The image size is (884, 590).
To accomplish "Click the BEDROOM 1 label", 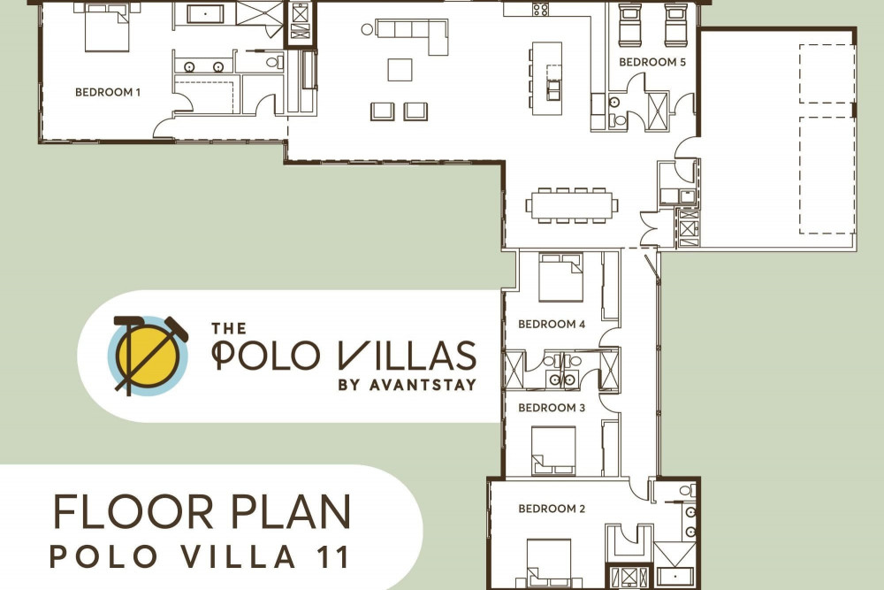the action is [108, 92].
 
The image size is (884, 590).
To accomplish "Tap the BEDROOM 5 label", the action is [652, 62].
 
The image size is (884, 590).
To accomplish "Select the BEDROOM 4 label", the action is [552, 325].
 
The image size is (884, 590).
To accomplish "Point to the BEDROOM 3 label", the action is [552, 408].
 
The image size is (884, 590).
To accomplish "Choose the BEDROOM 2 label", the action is [552, 509].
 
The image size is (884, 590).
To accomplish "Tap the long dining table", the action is [572, 205].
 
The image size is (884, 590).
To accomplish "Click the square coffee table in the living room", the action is [400, 70].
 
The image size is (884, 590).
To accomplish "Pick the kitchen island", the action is [547, 79].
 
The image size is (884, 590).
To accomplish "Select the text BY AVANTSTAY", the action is [407, 386].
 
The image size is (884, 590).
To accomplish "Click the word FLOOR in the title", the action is [133, 512].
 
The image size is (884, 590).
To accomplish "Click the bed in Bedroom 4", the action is [560, 278].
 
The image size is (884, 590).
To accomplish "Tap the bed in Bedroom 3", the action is [553, 450].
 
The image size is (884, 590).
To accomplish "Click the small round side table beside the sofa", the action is [367, 29].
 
